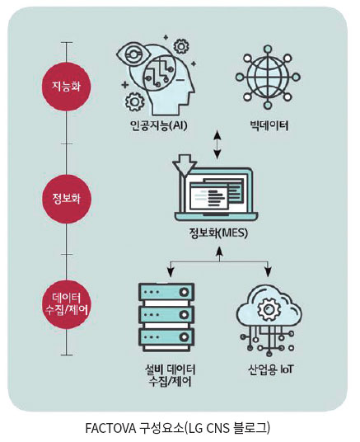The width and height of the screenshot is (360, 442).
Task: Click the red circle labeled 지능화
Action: pyautogui.click(x=67, y=87)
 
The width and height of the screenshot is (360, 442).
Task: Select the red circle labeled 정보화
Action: pyautogui.click(x=67, y=199)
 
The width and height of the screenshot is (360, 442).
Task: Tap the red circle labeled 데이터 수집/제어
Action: pyautogui.click(x=67, y=304)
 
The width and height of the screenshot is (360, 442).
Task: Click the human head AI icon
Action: pyautogui.click(x=157, y=76)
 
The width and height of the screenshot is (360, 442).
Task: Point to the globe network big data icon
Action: pyautogui.click(x=268, y=77)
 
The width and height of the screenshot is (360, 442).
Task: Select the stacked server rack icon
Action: pyautogui.click(x=166, y=317)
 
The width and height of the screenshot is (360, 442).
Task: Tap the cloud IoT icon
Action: pyautogui.click(x=269, y=321)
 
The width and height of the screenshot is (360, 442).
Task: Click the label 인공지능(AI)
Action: pyautogui.click(x=159, y=125)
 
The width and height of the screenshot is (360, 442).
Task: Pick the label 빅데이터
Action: pyautogui.click(x=269, y=125)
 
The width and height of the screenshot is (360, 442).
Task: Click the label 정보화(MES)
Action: pyautogui.click(x=218, y=233)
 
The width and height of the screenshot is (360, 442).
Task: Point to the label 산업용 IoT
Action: pyautogui.click(x=270, y=369)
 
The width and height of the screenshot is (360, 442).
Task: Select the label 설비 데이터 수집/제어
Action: pyautogui.click(x=171, y=375)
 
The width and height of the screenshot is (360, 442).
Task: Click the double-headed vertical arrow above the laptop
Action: pyautogui.click(x=217, y=145)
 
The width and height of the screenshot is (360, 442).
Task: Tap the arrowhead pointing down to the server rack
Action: pyautogui.click(x=171, y=272)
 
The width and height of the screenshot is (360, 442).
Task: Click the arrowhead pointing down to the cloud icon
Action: pyautogui.click(x=268, y=272)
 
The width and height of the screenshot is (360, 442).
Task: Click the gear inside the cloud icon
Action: pyautogui.click(x=269, y=309)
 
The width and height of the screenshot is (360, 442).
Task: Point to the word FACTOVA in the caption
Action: pyautogui.click(x=110, y=428)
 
